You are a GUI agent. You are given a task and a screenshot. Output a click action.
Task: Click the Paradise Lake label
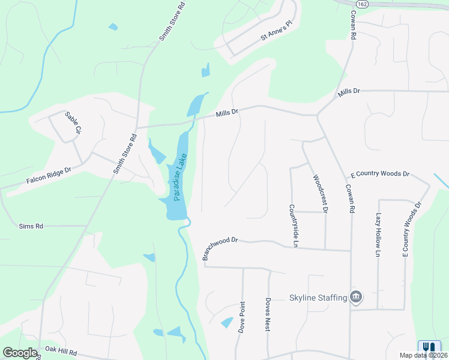178,178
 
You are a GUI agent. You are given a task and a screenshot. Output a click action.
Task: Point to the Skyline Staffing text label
318,298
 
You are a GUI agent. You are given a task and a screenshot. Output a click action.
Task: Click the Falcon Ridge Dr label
49,175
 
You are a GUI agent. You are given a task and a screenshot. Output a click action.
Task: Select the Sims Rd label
31,226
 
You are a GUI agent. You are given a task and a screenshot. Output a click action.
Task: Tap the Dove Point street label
243,317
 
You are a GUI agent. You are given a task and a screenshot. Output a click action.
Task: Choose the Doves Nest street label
268,316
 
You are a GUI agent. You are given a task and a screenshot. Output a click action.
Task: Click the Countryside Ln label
294,225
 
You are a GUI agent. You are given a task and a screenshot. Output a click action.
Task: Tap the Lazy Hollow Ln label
379,235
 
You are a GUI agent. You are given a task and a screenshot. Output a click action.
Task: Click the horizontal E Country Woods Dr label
380,174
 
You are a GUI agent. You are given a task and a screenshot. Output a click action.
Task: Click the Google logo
20,353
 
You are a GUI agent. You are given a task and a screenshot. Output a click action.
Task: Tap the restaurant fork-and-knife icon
429,347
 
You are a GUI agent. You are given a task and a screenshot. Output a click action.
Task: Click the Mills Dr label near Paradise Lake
228,112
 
